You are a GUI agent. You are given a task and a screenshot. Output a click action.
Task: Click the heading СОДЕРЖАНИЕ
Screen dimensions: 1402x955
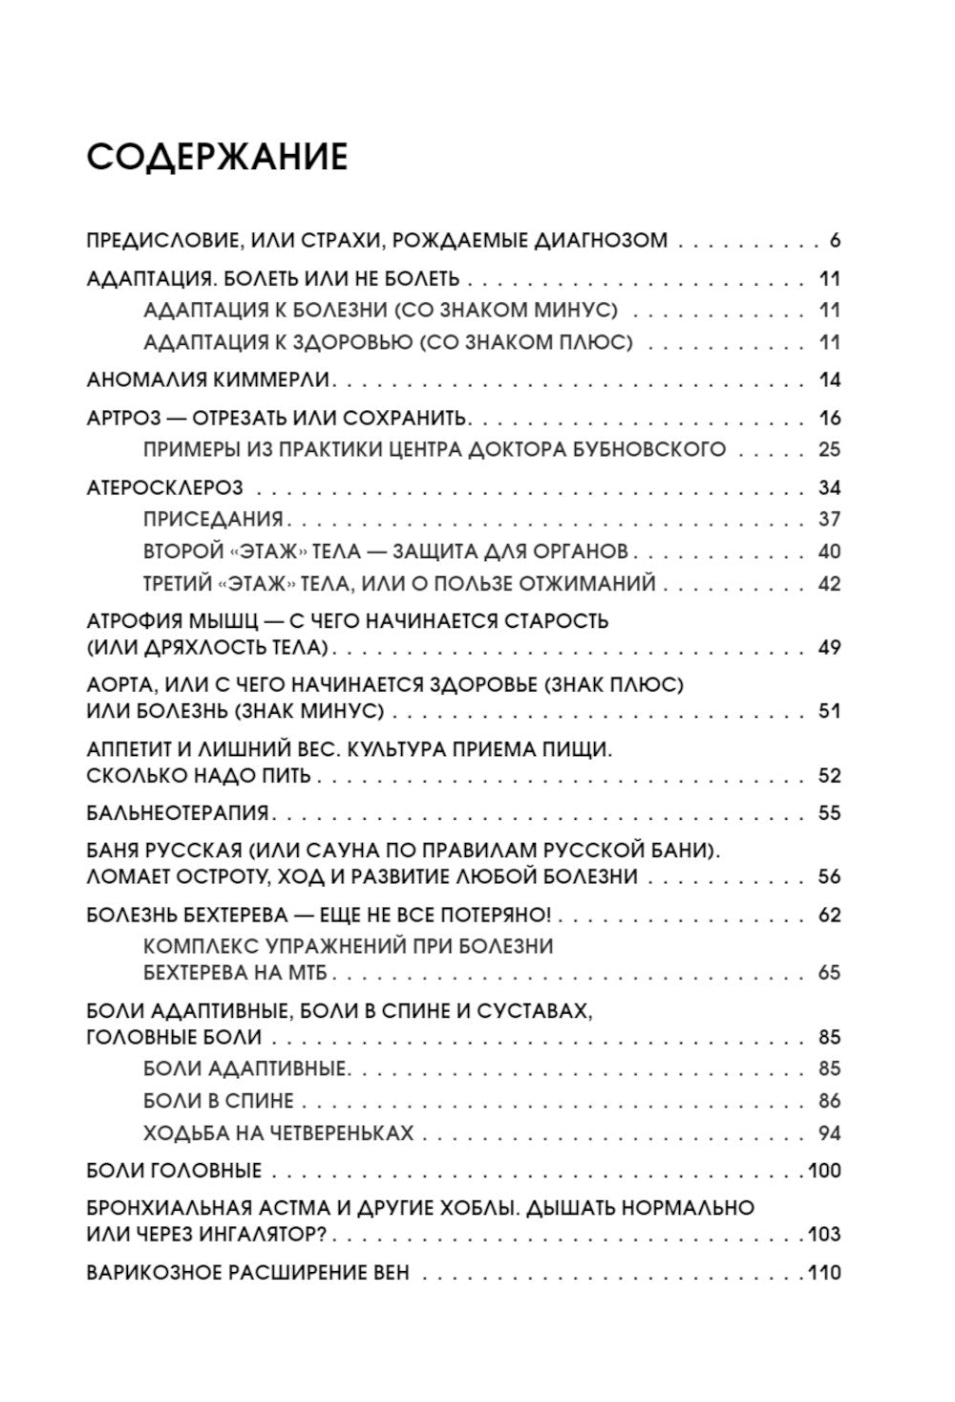(x=217, y=157)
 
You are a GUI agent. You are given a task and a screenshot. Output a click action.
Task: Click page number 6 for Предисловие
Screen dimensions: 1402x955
(x=834, y=241)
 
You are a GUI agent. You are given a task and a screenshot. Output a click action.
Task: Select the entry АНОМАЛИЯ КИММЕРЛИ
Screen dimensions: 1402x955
(x=208, y=379)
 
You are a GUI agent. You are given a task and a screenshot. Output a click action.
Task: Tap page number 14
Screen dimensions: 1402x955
(x=829, y=379)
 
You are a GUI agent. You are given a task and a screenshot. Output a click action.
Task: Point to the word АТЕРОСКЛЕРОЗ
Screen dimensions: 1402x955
(x=164, y=487)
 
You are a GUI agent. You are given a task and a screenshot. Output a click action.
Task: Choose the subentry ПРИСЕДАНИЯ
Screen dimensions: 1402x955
(x=213, y=519)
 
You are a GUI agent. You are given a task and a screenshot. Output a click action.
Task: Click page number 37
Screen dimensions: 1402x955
(x=829, y=519)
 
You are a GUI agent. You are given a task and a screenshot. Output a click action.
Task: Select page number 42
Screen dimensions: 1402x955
(x=829, y=583)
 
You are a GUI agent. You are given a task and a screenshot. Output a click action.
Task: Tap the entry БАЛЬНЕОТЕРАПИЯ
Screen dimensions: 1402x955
(x=177, y=813)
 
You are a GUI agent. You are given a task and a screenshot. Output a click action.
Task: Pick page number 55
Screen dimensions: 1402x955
(x=829, y=813)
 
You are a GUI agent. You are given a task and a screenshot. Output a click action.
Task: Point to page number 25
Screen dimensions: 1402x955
(x=829, y=449)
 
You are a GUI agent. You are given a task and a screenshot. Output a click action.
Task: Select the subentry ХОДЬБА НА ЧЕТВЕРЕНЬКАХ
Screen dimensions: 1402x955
(x=278, y=1133)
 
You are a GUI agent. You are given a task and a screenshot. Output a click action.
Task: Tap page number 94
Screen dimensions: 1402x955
(x=829, y=1133)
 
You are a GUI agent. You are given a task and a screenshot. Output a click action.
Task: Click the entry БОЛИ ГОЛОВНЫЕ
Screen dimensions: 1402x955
(x=174, y=1171)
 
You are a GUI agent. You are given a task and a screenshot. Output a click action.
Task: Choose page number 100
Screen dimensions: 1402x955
(x=823, y=1171)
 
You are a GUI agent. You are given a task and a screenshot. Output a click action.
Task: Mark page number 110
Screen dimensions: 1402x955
(x=823, y=1273)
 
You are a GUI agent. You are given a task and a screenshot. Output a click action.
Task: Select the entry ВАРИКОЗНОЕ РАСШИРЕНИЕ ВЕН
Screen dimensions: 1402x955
(x=247, y=1273)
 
